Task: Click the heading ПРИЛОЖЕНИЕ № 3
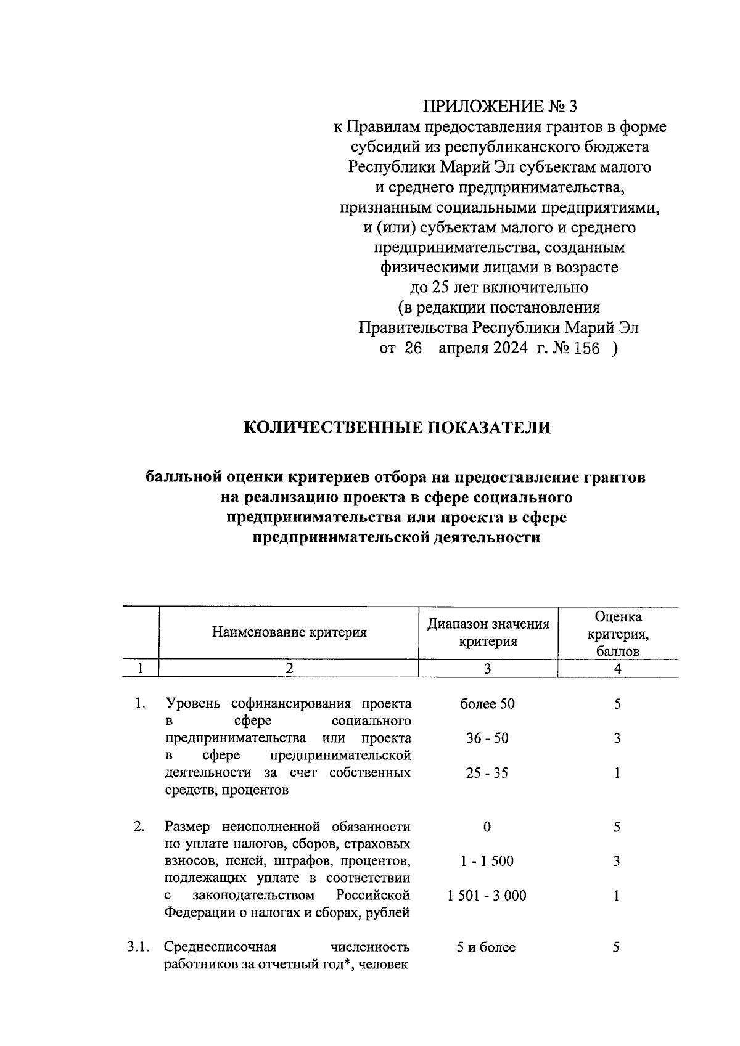(x=499, y=107)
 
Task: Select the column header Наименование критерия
(x=289, y=632)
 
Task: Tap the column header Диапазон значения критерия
(x=488, y=632)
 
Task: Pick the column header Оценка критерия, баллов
(x=617, y=634)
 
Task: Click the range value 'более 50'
(x=487, y=704)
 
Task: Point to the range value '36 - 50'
(x=487, y=738)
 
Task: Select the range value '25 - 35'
(x=487, y=773)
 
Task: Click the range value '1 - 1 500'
(x=487, y=861)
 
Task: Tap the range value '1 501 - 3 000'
(x=487, y=896)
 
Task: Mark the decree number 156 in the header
(x=586, y=349)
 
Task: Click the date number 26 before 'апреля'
(x=413, y=349)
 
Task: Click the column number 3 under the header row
(x=487, y=669)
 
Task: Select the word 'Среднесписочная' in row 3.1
(x=220, y=947)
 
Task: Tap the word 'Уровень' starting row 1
(x=194, y=704)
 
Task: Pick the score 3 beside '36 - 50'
(x=617, y=738)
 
